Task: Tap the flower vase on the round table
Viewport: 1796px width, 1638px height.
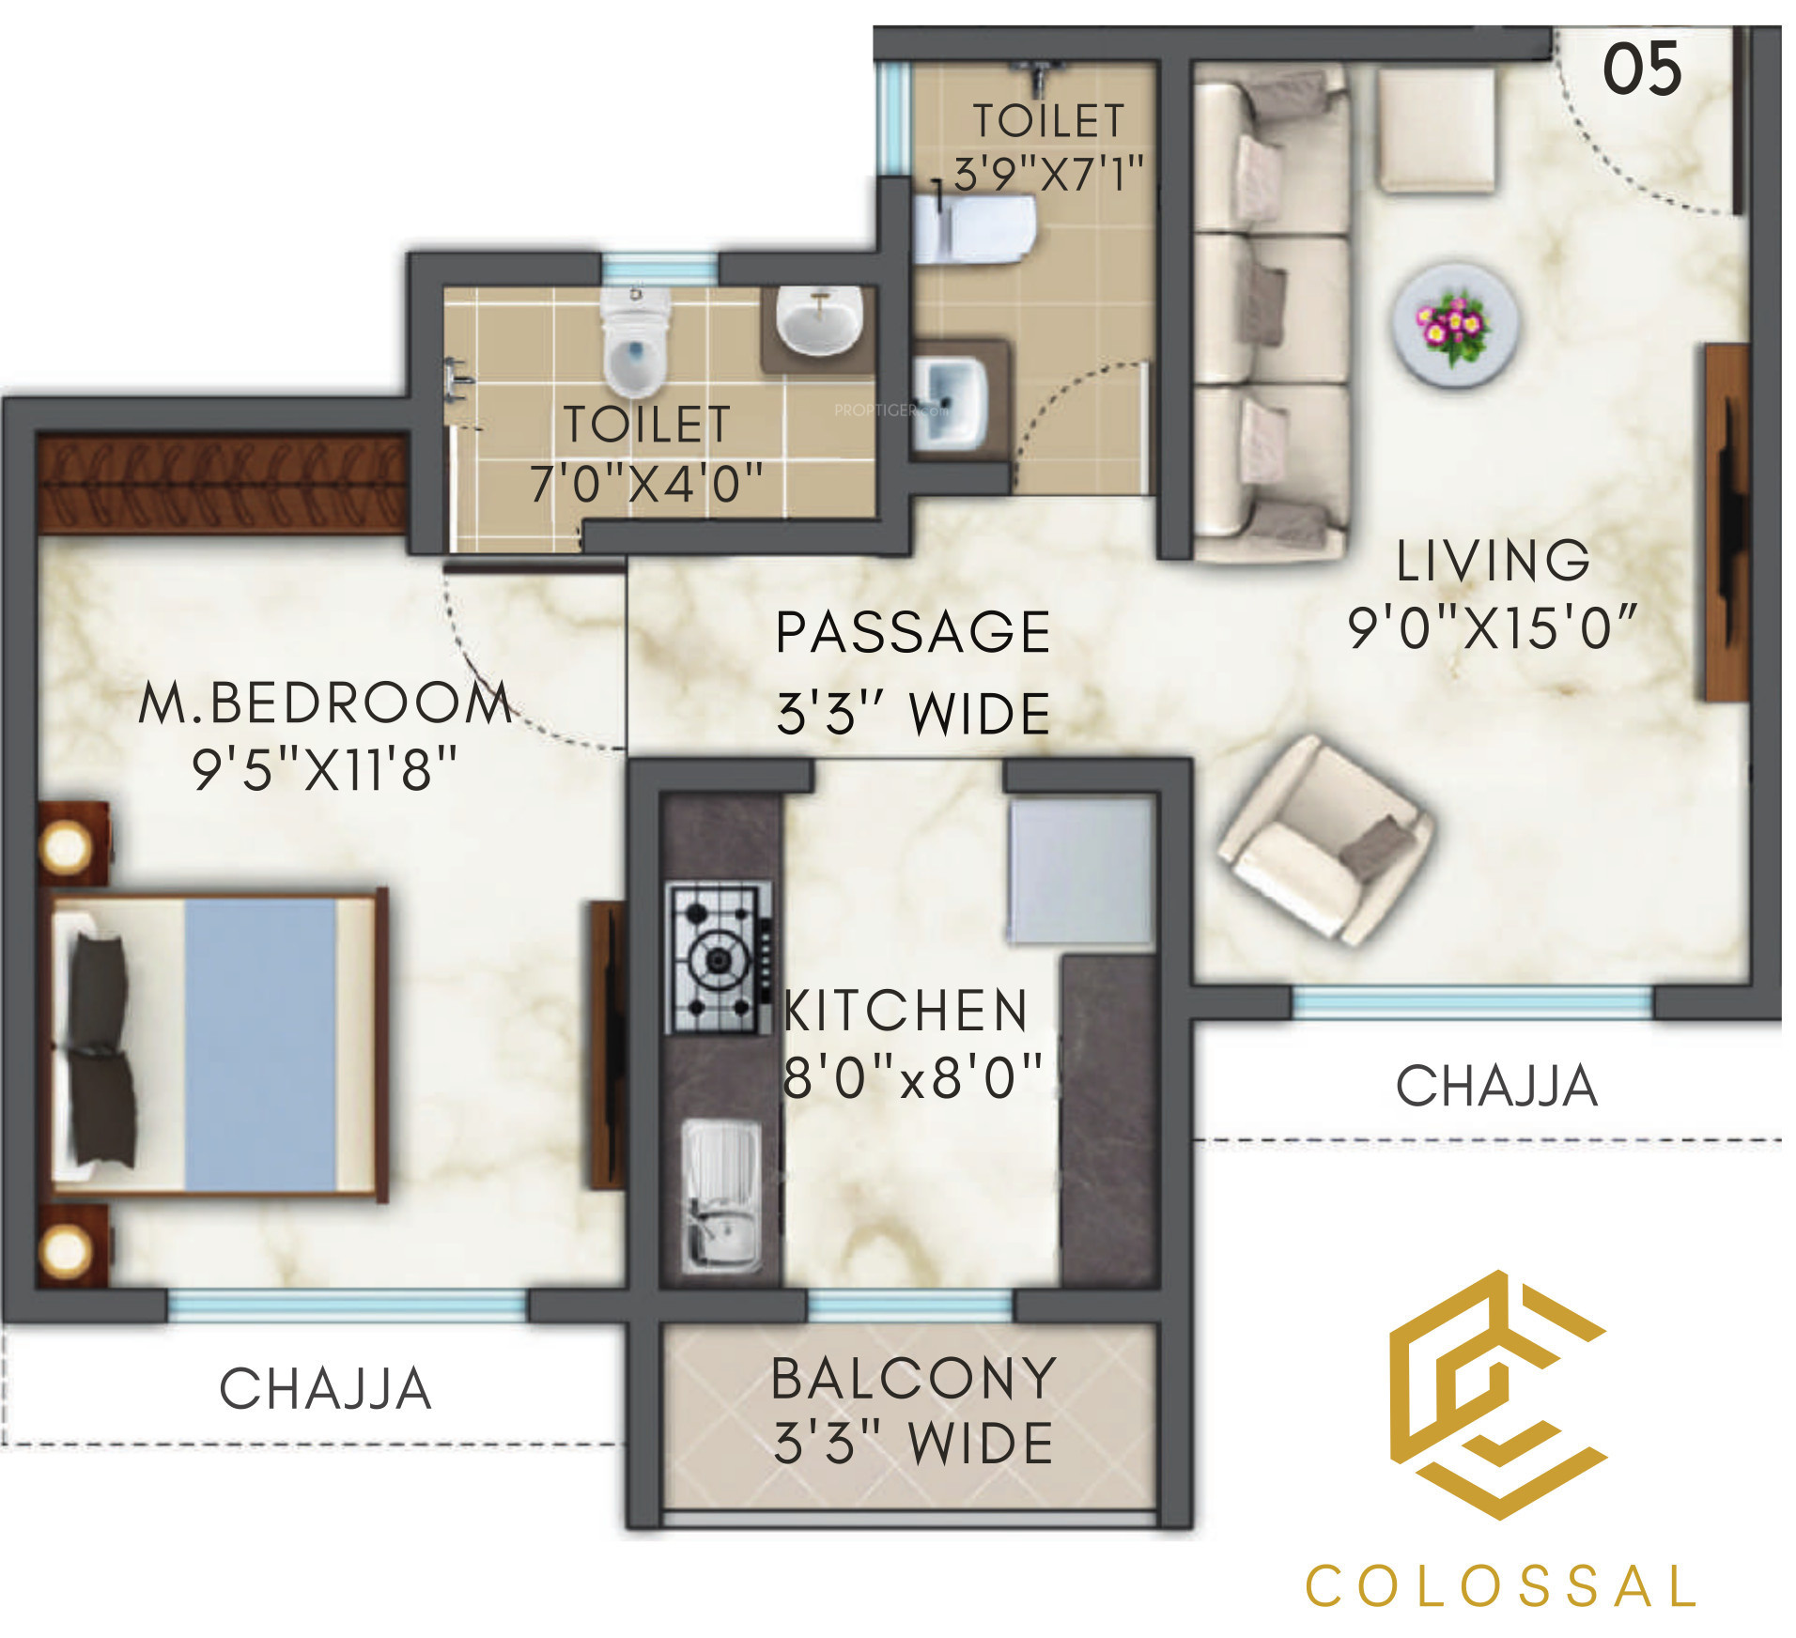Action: coord(1453,326)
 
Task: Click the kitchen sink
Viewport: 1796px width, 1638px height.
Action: coord(720,1196)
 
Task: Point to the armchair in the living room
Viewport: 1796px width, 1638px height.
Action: coord(1324,840)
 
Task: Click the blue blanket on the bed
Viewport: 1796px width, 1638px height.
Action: coord(260,1044)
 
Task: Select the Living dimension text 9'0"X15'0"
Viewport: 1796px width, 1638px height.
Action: coord(1492,627)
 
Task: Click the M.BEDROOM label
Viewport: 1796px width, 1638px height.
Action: coord(325,703)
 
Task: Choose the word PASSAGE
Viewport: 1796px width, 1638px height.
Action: coord(913,631)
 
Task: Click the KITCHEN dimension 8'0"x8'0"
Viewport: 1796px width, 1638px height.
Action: coord(912,1076)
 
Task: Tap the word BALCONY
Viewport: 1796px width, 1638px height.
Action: coord(914,1378)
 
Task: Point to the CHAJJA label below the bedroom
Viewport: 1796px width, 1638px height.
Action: coord(325,1389)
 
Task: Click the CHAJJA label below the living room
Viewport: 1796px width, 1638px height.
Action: coord(1496,1086)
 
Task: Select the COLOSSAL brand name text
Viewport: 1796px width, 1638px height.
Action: coord(1500,1586)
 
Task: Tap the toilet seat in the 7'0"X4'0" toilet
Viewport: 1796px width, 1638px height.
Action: coord(636,343)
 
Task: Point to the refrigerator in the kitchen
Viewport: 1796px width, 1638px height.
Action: coord(1081,871)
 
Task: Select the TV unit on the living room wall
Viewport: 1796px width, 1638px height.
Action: coord(1726,522)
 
